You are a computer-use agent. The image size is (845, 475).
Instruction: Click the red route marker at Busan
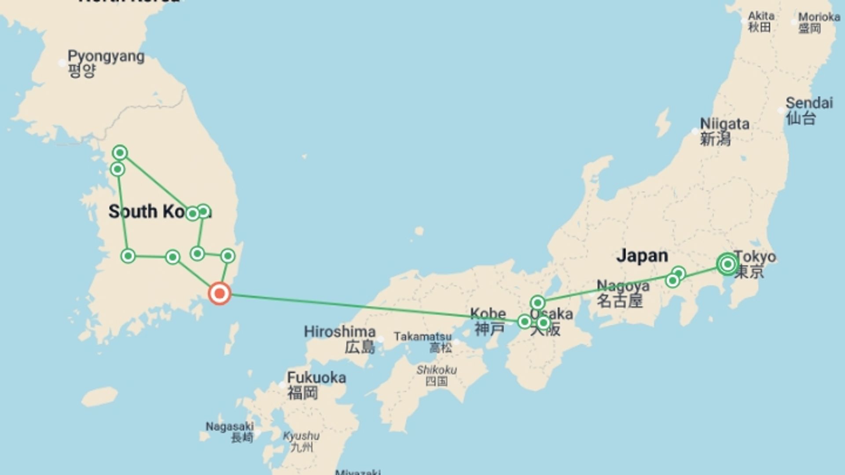tap(220, 294)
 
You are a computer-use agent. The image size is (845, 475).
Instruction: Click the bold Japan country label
tap(642, 256)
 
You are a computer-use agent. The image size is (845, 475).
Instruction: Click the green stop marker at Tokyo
tap(727, 264)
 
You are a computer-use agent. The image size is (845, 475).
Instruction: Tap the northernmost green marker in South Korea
tap(120, 153)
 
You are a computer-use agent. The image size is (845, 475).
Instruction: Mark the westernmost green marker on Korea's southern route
tap(128, 256)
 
